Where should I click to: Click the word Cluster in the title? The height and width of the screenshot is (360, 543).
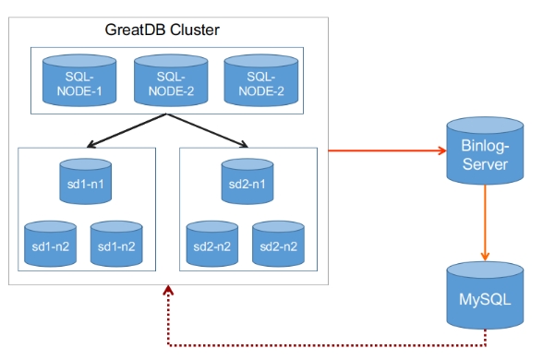[x=196, y=30]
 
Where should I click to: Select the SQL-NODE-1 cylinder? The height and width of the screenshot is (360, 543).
[x=78, y=80]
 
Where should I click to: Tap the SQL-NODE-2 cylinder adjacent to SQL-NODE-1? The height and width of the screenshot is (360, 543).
[x=170, y=80]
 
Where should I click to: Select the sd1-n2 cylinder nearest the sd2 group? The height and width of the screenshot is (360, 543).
[x=115, y=244]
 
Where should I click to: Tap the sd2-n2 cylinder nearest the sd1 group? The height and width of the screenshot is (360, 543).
[x=211, y=244]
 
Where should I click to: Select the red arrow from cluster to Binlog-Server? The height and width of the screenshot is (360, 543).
[x=383, y=150]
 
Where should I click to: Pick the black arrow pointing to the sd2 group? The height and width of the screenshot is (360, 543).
[x=211, y=131]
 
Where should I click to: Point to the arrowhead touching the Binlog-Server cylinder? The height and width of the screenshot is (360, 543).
[x=437, y=150]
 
